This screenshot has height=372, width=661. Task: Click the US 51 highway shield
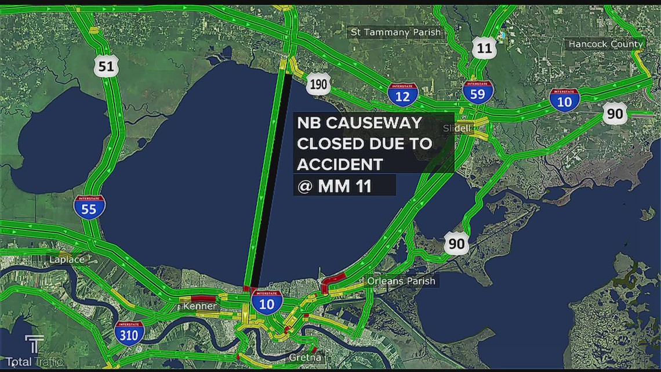click(x=106, y=66)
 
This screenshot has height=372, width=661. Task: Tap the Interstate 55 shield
click(x=89, y=207)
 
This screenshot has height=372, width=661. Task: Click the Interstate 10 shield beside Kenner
click(x=267, y=302)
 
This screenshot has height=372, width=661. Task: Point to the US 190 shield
click(x=318, y=85)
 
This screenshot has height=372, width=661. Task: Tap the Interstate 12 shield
click(x=402, y=93)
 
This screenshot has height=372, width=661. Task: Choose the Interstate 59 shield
click(x=478, y=92)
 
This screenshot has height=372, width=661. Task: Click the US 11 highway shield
click(x=484, y=48)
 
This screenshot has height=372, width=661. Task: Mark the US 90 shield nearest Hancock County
click(x=615, y=114)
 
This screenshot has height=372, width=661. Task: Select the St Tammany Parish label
click(x=394, y=32)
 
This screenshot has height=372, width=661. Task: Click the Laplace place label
click(x=67, y=259)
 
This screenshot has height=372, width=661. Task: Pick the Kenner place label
click(x=199, y=306)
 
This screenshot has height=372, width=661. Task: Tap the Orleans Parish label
click(x=401, y=281)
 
